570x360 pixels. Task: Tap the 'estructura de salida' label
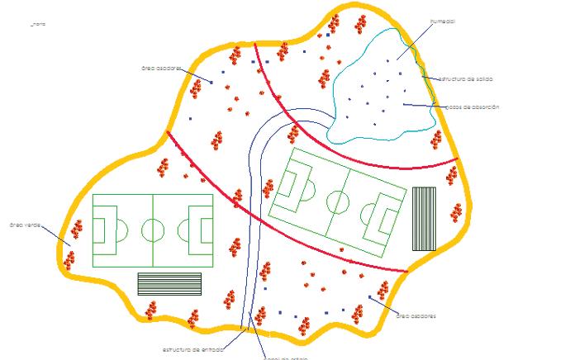pyautogui.click(x=466, y=79)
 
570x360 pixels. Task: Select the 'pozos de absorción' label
pyautogui.click(x=472, y=107)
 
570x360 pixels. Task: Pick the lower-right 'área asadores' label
pyautogui.click(x=416, y=315)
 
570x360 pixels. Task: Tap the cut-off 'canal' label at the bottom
pyautogui.click(x=285, y=358)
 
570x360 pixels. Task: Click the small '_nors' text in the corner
pyautogui.click(x=38, y=25)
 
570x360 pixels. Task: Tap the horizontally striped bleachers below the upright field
pyautogui.click(x=169, y=283)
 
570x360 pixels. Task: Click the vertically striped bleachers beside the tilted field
pyautogui.click(x=424, y=218)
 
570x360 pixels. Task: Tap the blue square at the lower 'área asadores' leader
pyautogui.click(x=370, y=298)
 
